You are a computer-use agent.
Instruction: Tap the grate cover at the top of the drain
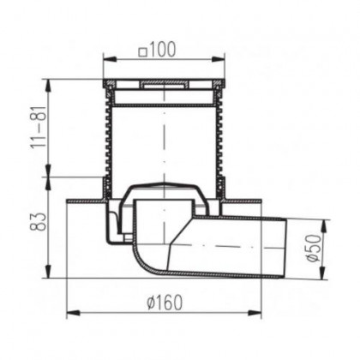coord(163,85)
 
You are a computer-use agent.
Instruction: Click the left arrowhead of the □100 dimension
coord(106,58)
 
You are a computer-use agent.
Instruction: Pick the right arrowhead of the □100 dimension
coord(222,58)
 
